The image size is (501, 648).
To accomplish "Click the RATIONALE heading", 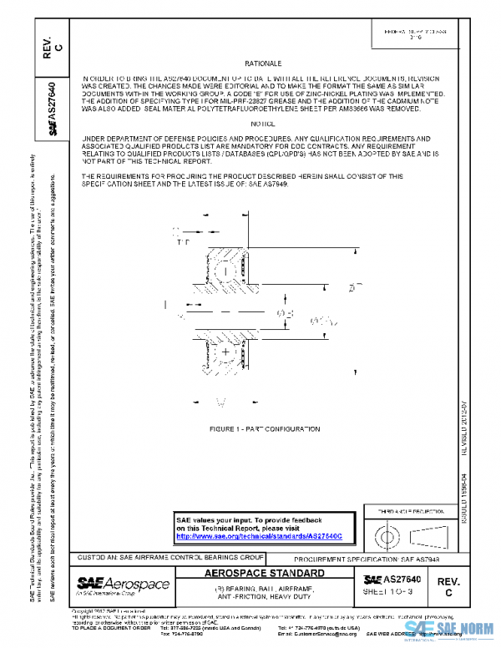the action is [x=264, y=63].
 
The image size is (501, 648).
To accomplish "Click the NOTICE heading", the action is [x=264, y=124].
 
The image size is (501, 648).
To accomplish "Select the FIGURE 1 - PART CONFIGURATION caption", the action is [x=264, y=428].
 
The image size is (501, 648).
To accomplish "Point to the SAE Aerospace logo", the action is [x=123, y=585].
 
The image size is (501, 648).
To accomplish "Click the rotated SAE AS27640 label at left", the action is [x=53, y=109].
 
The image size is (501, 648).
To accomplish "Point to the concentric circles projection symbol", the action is [x=387, y=534].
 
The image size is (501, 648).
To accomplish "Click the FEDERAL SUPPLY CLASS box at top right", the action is [x=418, y=34].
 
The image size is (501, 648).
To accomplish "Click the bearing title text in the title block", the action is [x=264, y=594].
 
